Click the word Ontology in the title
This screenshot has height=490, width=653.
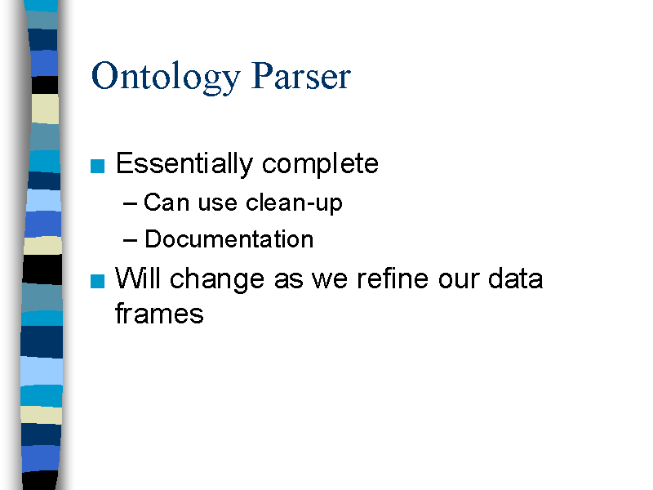166,77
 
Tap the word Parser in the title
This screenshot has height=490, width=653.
301,75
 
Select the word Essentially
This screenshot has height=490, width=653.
184,164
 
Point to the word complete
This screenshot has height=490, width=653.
320,165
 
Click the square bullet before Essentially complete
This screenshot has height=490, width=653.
97,166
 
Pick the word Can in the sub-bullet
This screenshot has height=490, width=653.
167,203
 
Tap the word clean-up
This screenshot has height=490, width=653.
294,203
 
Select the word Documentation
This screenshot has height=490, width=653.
229,239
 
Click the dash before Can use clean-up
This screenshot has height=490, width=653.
130,203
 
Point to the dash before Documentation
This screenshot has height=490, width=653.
130,240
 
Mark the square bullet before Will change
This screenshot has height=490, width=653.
97,281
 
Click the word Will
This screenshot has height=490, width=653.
137,278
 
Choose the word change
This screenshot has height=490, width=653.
217,279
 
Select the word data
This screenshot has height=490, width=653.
516,278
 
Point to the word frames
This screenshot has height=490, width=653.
159,313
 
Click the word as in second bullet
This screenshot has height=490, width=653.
289,280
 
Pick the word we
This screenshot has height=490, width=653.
330,280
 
